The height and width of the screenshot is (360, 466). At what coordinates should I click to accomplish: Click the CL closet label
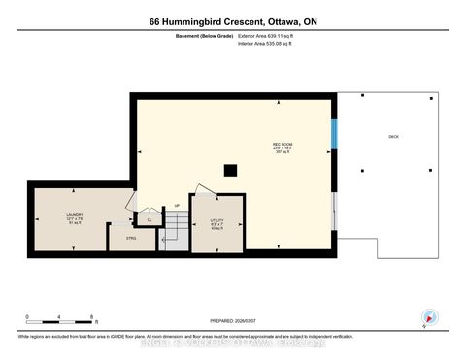(150, 220)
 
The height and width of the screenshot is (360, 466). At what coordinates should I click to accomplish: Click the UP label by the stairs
(177, 206)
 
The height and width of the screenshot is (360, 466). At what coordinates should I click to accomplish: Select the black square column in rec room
(230, 170)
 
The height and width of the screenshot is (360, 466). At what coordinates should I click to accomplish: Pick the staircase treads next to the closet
(174, 233)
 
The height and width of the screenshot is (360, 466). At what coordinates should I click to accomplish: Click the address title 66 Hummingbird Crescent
(232, 21)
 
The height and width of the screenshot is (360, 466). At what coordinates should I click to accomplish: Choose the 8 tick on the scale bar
(91, 317)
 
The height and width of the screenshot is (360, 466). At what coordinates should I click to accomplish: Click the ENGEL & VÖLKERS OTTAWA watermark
(233, 343)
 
